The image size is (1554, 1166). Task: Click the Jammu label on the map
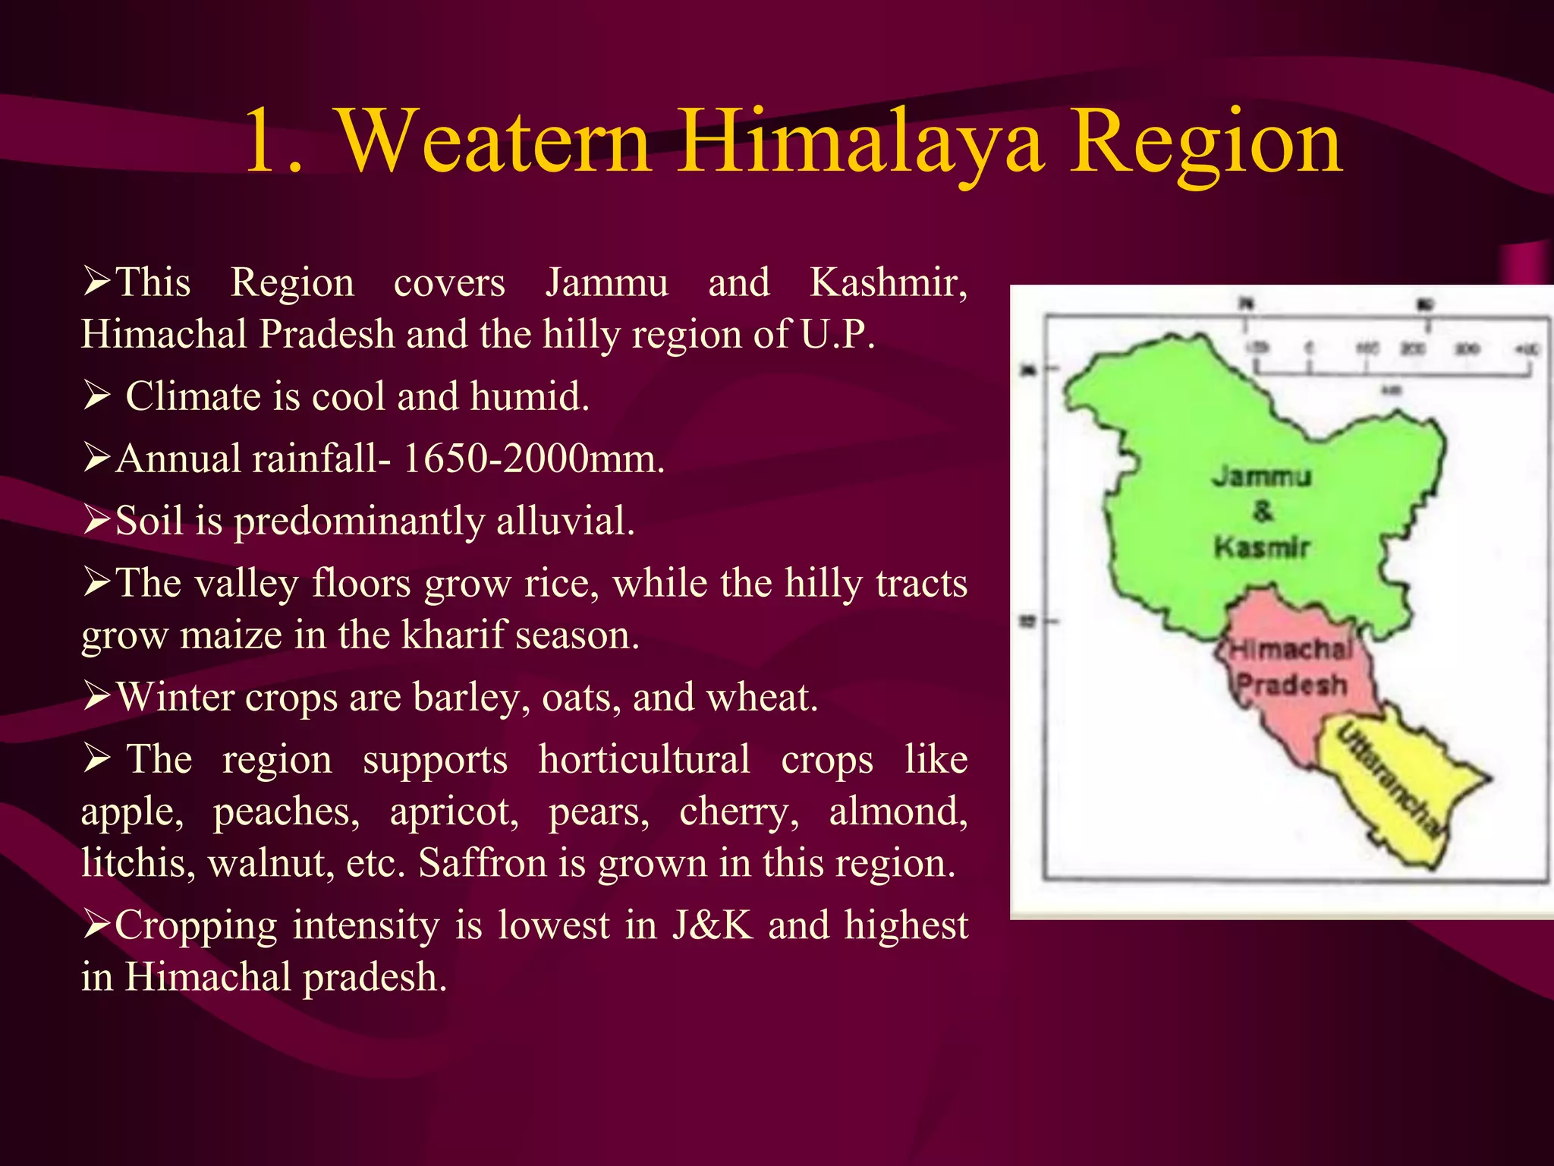[x=1261, y=477]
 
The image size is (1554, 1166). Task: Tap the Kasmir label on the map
[x=1261, y=547]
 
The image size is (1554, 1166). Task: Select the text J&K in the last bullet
[x=712, y=925]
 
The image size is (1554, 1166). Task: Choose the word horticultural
[x=644, y=759]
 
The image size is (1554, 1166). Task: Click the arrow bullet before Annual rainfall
[x=97, y=459]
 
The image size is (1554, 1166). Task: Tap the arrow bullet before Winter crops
[x=97, y=697]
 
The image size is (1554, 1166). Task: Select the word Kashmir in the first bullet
[x=888, y=282]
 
